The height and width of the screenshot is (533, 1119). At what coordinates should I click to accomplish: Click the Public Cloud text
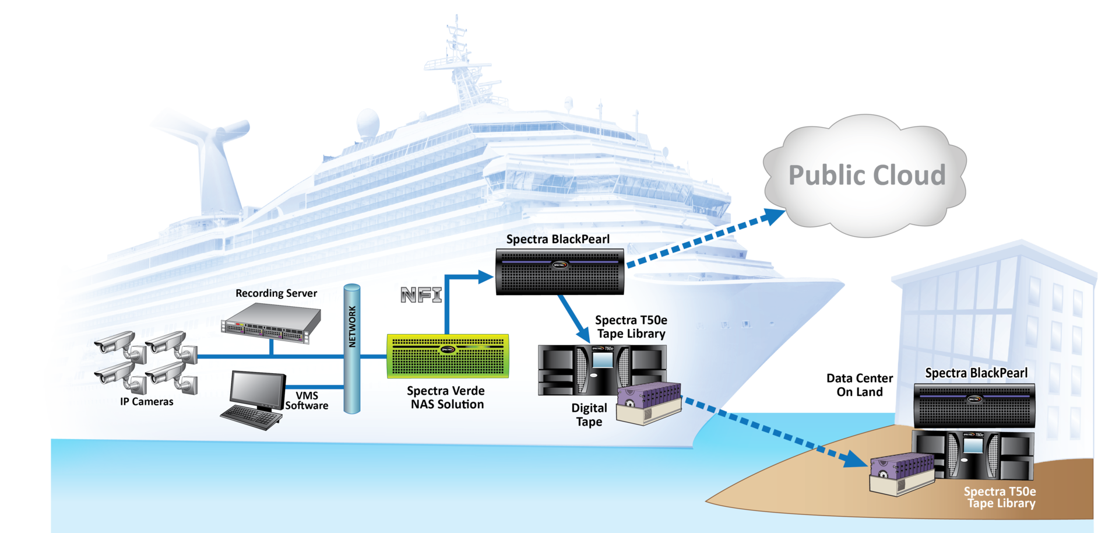(x=867, y=175)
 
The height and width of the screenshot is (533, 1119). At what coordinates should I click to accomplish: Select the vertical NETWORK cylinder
(x=352, y=349)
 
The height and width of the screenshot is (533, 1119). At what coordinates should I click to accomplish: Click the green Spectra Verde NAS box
(x=448, y=356)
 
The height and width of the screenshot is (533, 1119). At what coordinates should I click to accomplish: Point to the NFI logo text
(x=421, y=295)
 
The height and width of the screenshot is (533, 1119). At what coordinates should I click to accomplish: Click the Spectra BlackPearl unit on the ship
(x=559, y=271)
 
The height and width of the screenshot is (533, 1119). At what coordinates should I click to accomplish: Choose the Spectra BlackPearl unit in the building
(x=974, y=405)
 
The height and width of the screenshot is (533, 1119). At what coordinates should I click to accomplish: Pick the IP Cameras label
(x=146, y=402)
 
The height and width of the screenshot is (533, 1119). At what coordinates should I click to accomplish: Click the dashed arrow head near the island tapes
(x=857, y=460)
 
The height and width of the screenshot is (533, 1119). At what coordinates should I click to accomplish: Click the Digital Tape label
(x=589, y=415)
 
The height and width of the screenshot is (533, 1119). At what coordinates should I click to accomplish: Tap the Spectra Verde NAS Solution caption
(x=446, y=398)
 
